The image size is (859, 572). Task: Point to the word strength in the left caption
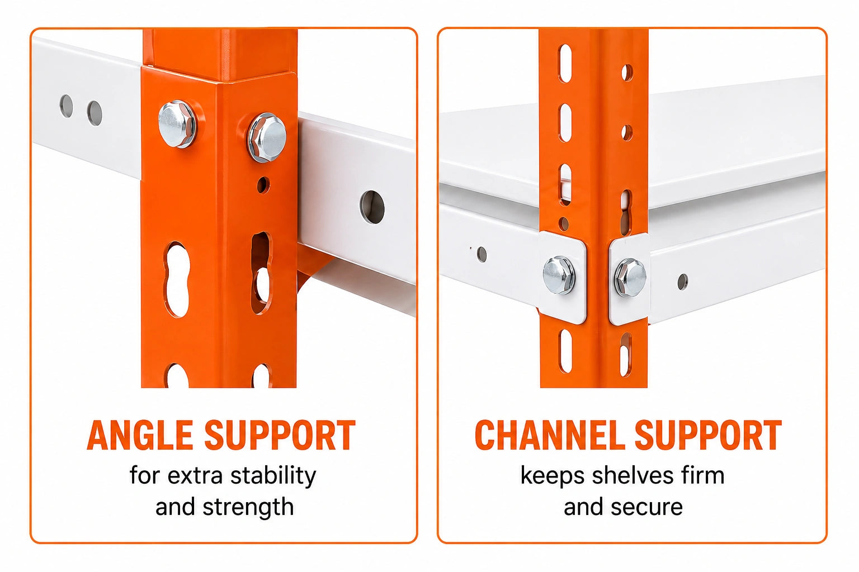248,507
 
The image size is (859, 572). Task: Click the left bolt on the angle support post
177,124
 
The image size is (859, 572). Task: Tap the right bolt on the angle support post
267,137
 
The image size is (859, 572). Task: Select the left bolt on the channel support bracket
559,275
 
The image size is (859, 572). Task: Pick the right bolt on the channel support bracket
630,278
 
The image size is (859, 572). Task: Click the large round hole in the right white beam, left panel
372,207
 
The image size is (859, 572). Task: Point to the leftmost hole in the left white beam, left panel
67,106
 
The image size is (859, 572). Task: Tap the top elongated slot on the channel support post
565,64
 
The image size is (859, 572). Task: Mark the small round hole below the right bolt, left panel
263,185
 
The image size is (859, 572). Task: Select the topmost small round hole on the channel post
627,73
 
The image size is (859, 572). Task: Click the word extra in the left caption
195,475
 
